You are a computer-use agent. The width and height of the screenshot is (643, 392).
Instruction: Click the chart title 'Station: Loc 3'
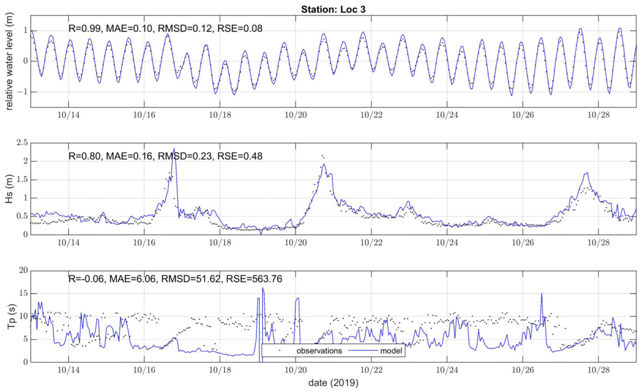pos(333,9)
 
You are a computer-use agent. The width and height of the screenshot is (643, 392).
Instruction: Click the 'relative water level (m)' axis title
pos(9,61)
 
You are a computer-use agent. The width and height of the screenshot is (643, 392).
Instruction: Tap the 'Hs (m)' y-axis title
pos(9,189)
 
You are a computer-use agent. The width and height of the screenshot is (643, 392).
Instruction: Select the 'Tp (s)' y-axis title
pos(11,316)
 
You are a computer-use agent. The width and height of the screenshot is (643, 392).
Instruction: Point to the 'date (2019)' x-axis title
pos(333,383)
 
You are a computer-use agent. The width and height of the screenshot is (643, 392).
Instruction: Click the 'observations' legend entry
pos(319,351)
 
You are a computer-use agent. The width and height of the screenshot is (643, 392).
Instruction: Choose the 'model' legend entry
pos(391,351)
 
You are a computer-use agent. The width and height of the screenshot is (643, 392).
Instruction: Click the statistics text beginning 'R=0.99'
pos(165,28)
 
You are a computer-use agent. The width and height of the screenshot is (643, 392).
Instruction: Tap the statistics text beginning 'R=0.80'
pos(165,156)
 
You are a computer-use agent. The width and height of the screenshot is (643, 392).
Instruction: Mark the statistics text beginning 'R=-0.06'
pos(175,279)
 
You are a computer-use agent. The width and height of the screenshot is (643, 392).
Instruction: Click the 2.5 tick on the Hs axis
pos(22,143)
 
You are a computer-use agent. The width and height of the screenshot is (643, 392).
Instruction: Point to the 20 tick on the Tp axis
pos(24,270)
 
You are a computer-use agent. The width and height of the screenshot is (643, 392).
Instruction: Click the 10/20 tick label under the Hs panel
pos(296,243)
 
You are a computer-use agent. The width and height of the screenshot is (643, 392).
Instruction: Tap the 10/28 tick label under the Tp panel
pos(598,370)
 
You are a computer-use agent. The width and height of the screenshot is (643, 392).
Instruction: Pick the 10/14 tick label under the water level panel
pos(69,115)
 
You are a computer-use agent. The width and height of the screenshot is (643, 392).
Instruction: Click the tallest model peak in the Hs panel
pos(174,149)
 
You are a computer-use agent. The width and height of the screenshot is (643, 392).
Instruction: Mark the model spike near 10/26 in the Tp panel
pos(542,294)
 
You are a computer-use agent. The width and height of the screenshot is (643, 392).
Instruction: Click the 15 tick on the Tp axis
pos(24,293)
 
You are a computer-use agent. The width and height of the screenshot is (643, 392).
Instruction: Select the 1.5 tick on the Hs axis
pos(22,179)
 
